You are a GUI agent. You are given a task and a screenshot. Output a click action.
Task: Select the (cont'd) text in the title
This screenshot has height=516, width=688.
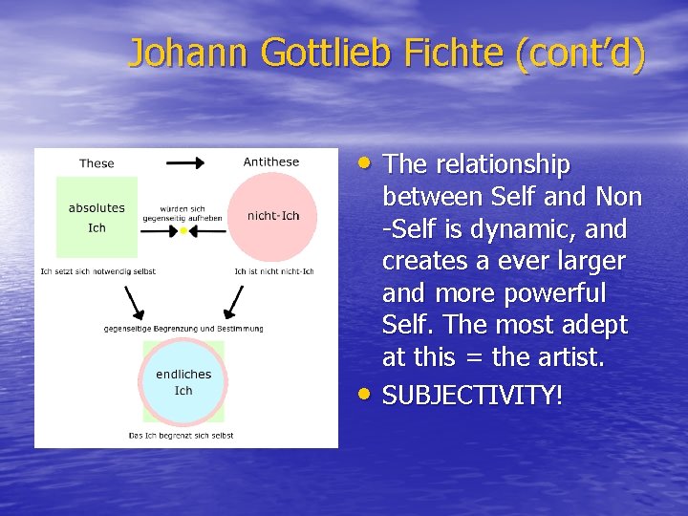tap(580, 54)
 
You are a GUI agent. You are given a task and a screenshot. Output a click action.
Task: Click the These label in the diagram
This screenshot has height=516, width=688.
tap(97, 163)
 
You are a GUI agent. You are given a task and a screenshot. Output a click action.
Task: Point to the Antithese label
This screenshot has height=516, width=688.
tap(271, 162)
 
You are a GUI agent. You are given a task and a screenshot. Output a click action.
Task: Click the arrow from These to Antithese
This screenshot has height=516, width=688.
tap(185, 162)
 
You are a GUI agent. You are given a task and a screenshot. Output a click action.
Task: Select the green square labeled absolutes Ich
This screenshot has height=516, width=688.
tap(97, 217)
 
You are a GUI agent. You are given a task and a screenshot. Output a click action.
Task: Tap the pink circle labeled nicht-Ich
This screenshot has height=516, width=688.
tap(272, 216)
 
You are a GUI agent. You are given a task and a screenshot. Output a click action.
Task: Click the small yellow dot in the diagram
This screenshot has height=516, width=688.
tap(183, 229)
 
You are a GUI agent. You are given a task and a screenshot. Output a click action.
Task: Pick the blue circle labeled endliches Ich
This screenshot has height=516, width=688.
tap(183, 381)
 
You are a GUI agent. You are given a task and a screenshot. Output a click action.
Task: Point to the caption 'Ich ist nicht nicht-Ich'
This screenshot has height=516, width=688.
tap(273, 271)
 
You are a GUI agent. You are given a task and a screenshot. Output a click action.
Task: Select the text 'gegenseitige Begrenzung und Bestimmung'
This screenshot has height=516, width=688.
tap(183, 329)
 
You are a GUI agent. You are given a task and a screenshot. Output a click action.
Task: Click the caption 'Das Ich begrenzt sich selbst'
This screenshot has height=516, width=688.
tap(182, 436)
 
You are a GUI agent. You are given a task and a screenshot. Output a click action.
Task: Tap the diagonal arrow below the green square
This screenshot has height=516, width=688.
tap(135, 302)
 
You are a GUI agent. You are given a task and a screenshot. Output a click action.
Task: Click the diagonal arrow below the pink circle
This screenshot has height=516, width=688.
tap(231, 302)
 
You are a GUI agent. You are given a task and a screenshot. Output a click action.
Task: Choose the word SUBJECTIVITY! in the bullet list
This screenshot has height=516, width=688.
tap(472, 395)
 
